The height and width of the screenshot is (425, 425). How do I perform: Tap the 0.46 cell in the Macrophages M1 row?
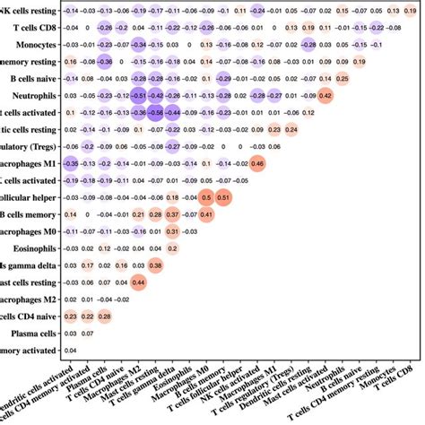[x=257, y=163]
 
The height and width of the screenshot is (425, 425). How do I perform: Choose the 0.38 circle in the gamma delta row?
[x=155, y=265]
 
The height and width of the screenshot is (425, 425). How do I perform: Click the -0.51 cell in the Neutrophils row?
[x=138, y=95]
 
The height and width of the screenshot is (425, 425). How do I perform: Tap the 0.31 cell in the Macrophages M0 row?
[x=172, y=231]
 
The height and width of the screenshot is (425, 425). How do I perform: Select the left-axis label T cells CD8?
[x=35, y=28]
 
